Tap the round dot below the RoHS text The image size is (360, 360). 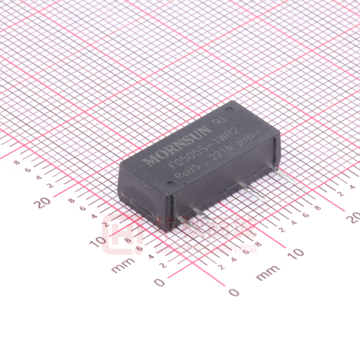[170, 183]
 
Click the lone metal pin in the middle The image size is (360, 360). [253, 191]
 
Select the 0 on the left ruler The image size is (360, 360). [160, 282]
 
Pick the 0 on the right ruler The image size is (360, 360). [234, 292]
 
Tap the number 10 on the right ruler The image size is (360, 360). [297, 253]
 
